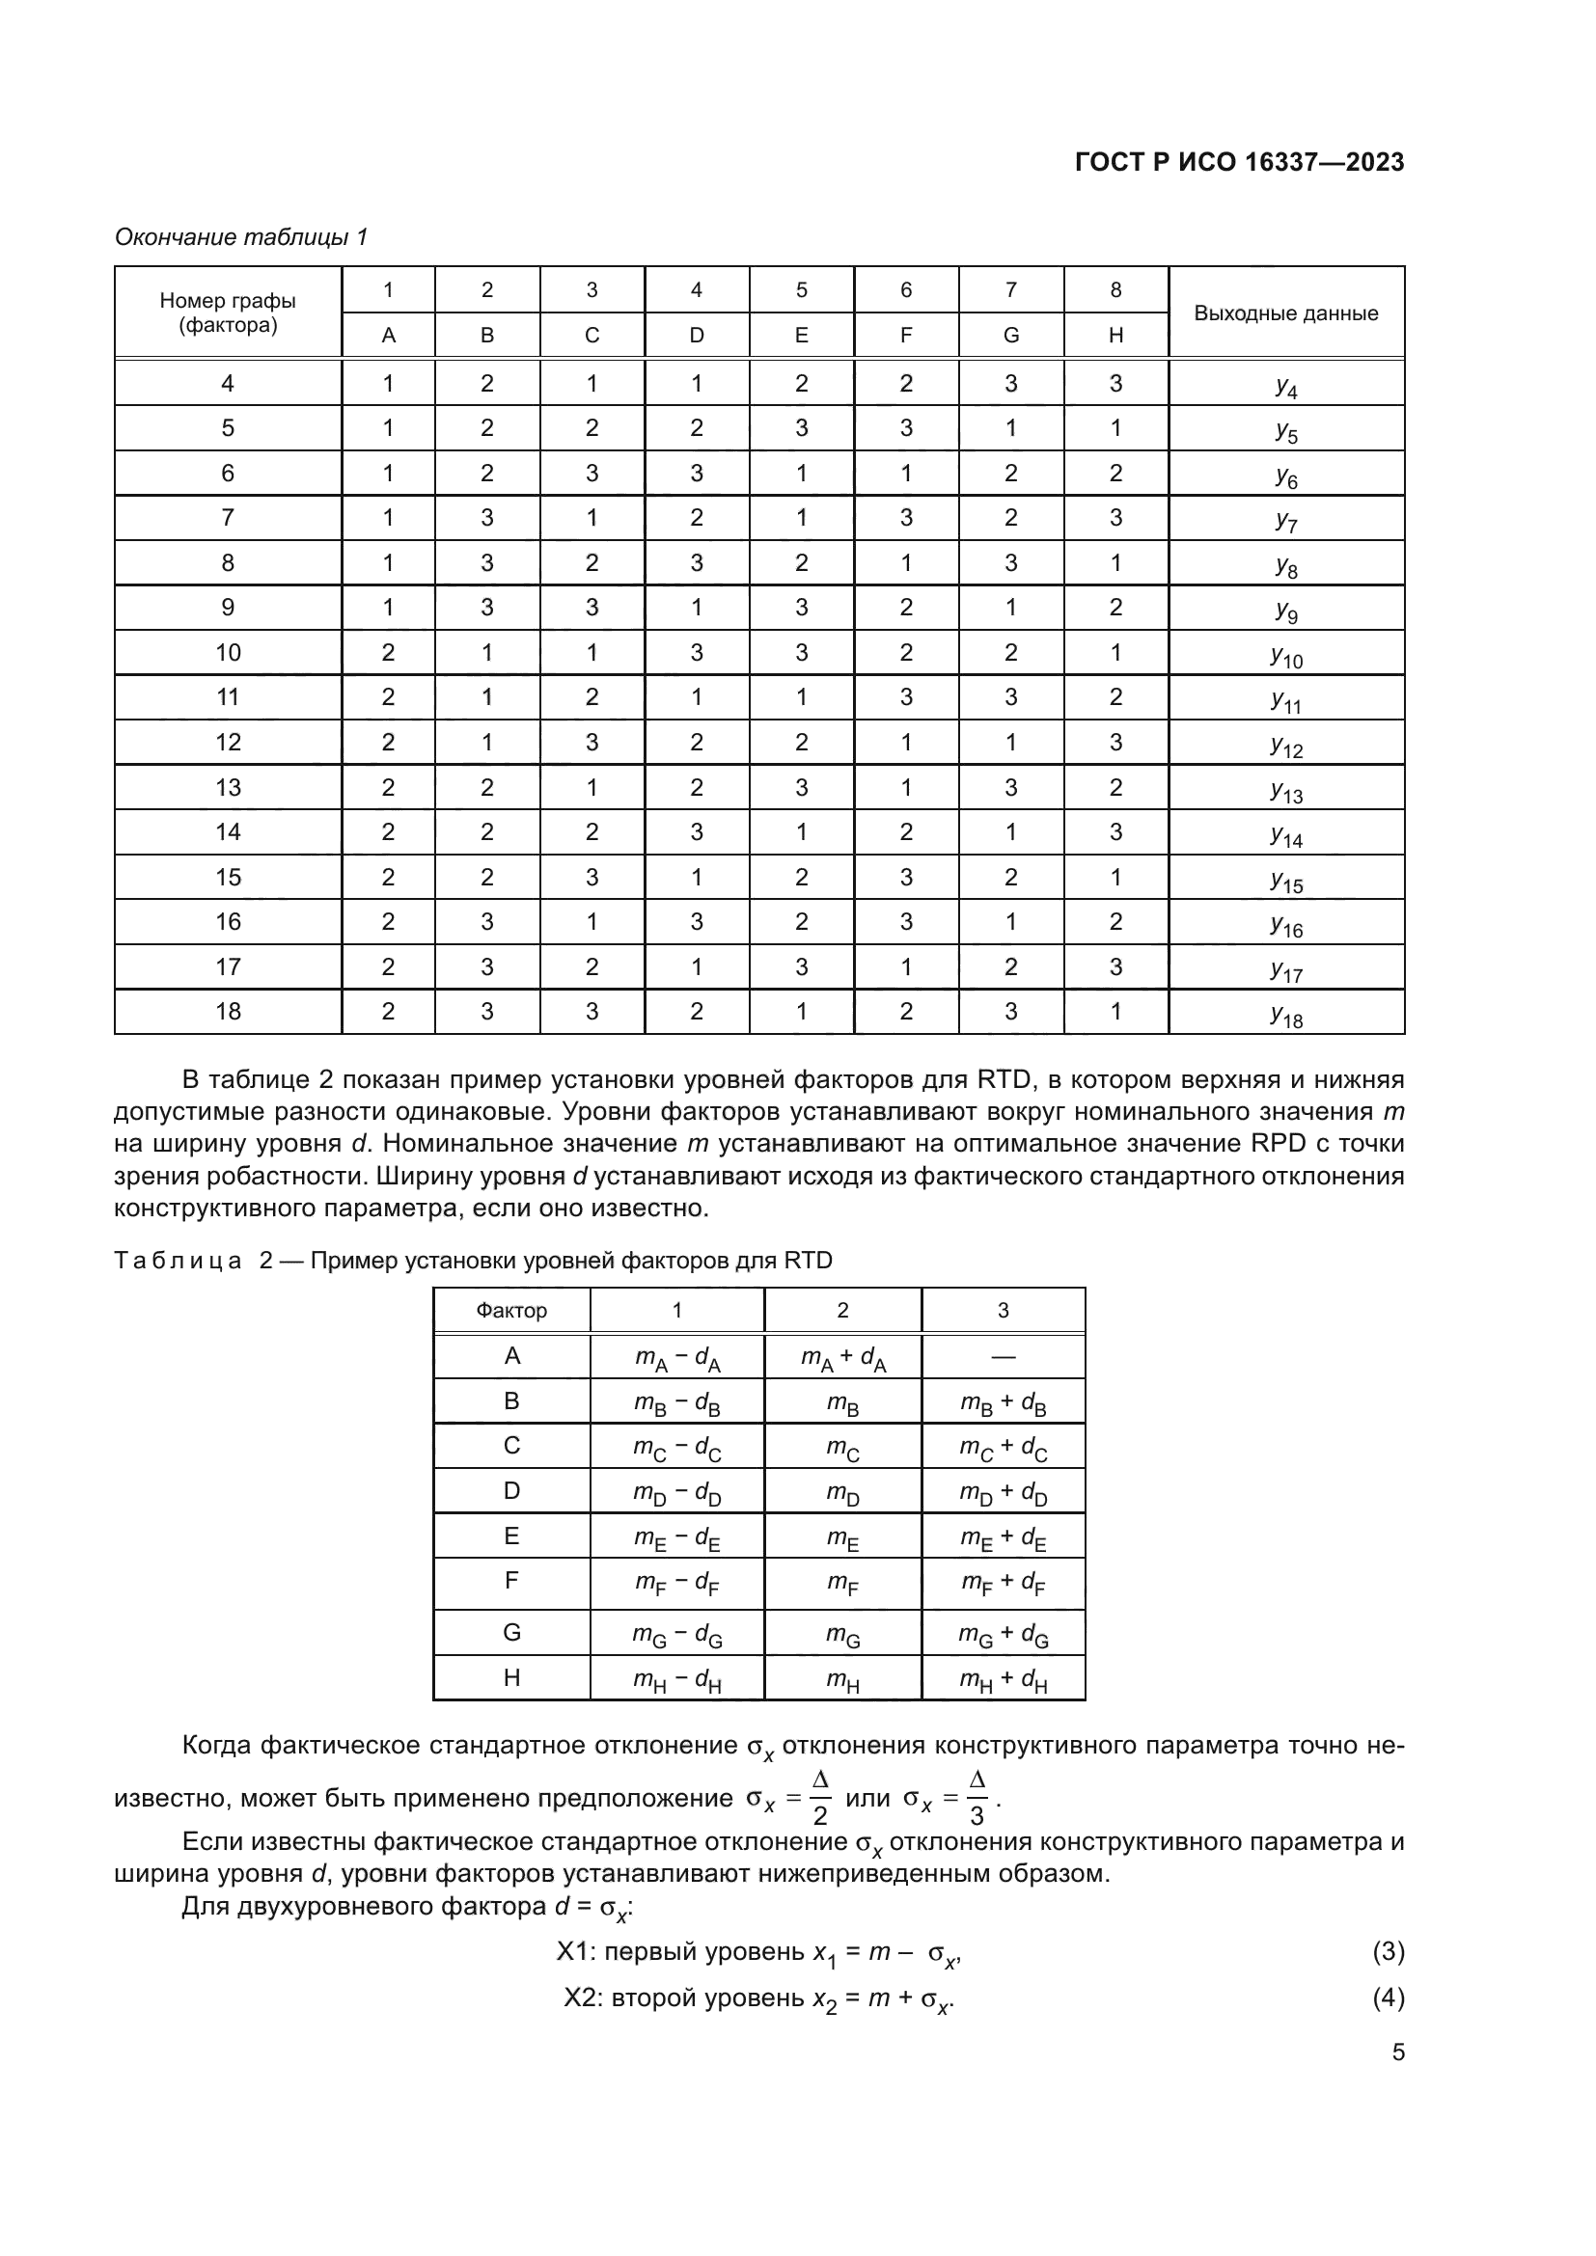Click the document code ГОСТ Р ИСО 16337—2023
(1239, 162)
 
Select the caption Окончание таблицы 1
(241, 237)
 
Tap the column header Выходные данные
(1285, 313)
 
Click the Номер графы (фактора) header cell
(228, 313)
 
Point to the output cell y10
(1285, 654)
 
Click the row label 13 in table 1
(228, 787)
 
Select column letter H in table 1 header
(1115, 335)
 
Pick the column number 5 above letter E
(801, 290)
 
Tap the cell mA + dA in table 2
(843, 1358)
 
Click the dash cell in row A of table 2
(1003, 1357)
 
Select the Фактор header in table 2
(511, 1310)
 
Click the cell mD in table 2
(843, 1492)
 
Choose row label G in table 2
(511, 1632)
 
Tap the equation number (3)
(1388, 1950)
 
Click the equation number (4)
(1388, 1998)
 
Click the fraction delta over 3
(977, 1798)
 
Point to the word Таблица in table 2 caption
(178, 1261)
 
